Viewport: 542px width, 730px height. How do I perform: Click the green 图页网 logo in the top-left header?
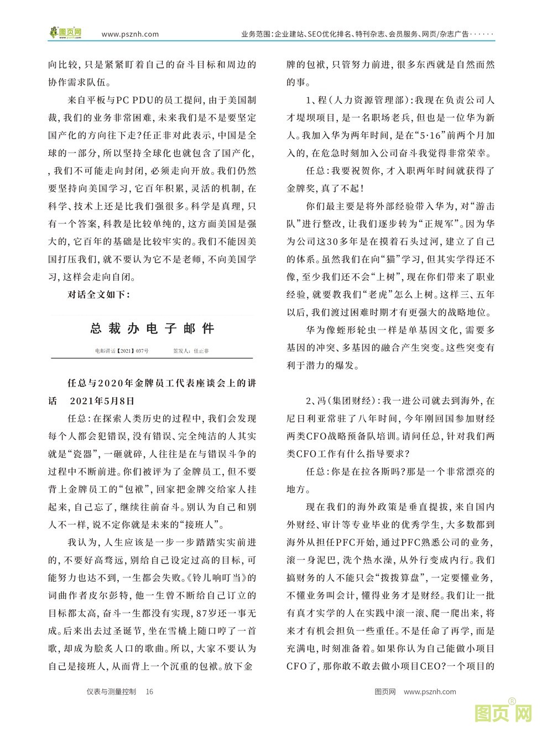point(65,33)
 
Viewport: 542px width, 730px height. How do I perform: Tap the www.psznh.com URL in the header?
point(130,34)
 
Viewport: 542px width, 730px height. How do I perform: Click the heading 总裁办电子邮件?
point(152,329)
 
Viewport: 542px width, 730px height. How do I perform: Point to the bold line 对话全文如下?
point(98,294)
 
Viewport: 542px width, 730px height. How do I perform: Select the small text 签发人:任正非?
point(191,351)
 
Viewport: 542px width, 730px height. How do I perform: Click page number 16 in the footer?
point(149,691)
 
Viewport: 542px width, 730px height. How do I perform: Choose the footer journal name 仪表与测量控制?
point(111,691)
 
